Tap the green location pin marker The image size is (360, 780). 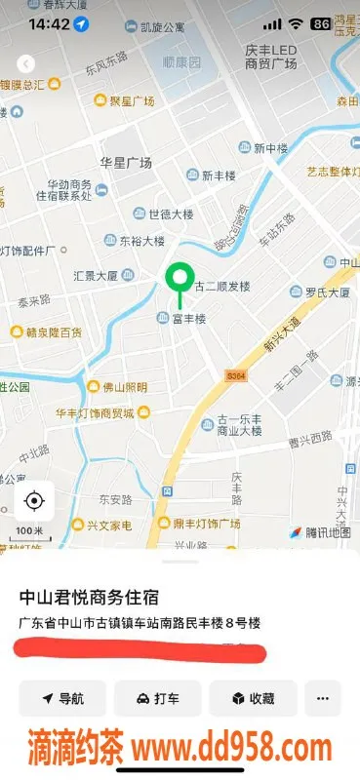[179, 279]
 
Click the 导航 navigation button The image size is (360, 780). [62, 698]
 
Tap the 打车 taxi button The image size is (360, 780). [158, 698]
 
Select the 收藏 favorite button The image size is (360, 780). [252, 698]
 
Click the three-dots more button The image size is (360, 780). [323, 698]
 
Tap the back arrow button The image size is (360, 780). [25, 63]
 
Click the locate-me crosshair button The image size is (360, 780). [34, 501]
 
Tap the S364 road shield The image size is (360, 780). [235, 374]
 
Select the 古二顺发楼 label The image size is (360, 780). [223, 287]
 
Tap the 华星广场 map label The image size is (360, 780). [125, 162]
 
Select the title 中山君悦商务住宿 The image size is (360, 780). [89, 597]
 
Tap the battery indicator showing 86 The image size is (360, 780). [319, 23]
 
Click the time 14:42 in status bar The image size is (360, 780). [49, 23]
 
